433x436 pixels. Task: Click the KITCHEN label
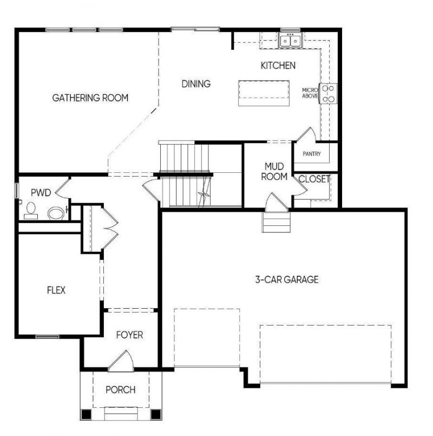[278, 66]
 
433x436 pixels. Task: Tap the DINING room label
[196, 84]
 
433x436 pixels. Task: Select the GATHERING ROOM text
[90, 98]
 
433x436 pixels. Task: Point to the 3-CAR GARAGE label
[287, 279]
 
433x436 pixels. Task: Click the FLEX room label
[56, 290]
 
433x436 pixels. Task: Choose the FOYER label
[129, 335]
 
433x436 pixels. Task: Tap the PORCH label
[120, 389]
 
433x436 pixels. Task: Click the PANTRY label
[312, 154]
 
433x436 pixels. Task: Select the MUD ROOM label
[274, 171]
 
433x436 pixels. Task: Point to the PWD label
[41, 192]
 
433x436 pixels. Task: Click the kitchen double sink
[291, 40]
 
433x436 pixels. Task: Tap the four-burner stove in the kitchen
[328, 94]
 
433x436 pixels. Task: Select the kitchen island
[264, 93]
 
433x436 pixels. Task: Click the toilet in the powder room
[30, 211]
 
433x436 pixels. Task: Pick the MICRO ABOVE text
[310, 93]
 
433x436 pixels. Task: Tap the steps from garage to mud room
[276, 222]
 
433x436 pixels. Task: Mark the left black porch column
[86, 414]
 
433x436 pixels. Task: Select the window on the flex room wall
[47, 337]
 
